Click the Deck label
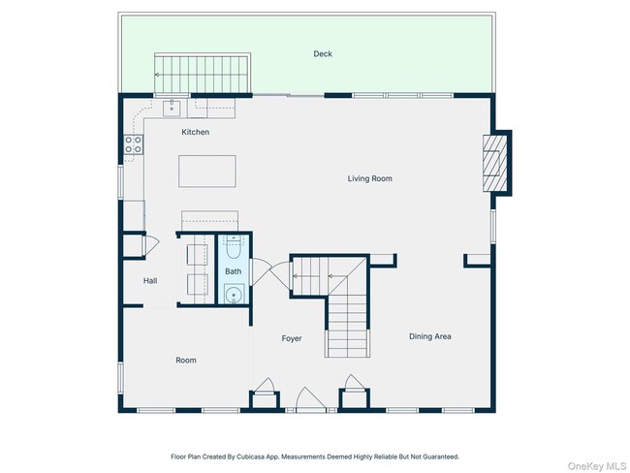323,54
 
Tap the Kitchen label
195,132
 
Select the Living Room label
369,178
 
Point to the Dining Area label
430,336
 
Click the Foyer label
292,338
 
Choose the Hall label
150,280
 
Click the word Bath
233,271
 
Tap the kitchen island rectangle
206,172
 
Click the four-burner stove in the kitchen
134,144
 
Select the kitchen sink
172,109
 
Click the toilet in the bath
233,246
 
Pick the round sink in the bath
234,294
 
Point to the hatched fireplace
495,163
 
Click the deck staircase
203,74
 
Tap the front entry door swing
310,399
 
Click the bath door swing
261,271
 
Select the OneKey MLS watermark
597,466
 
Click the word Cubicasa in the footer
249,457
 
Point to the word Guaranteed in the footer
441,457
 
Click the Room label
186,360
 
